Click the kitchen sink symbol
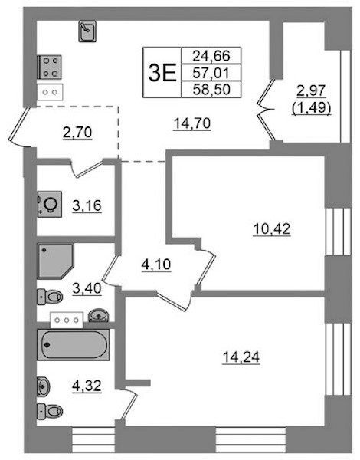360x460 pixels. [x=87, y=31]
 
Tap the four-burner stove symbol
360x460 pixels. [x=50, y=67]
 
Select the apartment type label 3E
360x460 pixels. [x=162, y=73]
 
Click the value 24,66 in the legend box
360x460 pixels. [x=211, y=56]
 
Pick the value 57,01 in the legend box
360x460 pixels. [x=211, y=73]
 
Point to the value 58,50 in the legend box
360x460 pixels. [x=211, y=89]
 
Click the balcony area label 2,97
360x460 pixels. [x=311, y=90]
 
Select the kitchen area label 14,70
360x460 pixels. [x=192, y=123]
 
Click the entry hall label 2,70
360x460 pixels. [x=77, y=133]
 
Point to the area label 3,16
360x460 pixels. [x=87, y=205]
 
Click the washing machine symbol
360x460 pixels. [x=50, y=204]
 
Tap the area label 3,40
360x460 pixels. [x=87, y=288]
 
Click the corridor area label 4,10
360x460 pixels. [x=156, y=264]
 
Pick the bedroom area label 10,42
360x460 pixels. [x=272, y=229]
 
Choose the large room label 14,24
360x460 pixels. [x=241, y=357]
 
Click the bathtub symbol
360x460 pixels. [x=74, y=345]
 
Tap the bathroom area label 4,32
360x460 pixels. [x=87, y=386]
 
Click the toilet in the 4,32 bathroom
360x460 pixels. [x=50, y=411]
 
